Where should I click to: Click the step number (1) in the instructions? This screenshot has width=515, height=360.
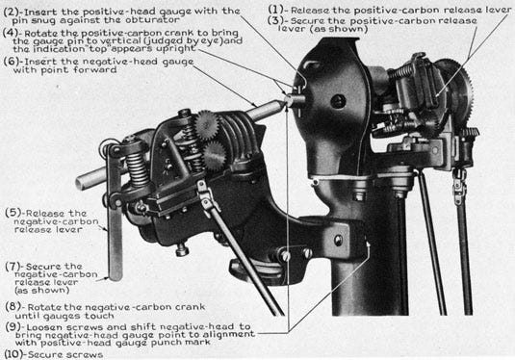click(x=276, y=10)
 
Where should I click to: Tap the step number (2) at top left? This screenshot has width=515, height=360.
click(x=11, y=13)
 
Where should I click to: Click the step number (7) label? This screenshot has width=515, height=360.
click(x=13, y=267)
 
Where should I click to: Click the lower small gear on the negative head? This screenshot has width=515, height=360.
click(x=215, y=156)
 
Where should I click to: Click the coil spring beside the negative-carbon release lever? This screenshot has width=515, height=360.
click(x=137, y=167)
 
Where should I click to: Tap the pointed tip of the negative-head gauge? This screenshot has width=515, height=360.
click(x=285, y=100)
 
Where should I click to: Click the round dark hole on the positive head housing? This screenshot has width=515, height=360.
click(x=338, y=101)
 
